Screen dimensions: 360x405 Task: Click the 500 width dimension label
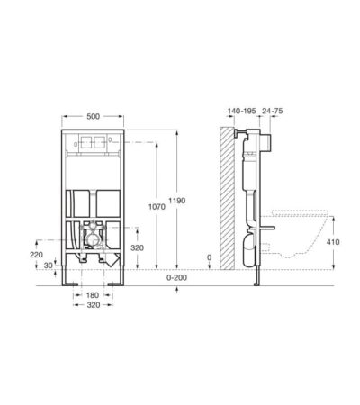(93, 116)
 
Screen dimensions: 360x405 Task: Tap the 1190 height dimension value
(176, 201)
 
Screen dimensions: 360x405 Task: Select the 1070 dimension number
(157, 207)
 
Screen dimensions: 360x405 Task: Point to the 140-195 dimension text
(241, 111)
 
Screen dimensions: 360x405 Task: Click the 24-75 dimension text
(273, 111)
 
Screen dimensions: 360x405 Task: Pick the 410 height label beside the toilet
(333, 242)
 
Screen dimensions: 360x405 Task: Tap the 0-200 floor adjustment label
(176, 277)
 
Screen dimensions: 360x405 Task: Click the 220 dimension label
(36, 255)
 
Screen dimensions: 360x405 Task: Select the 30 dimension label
(48, 265)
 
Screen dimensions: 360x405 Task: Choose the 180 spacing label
(93, 295)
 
